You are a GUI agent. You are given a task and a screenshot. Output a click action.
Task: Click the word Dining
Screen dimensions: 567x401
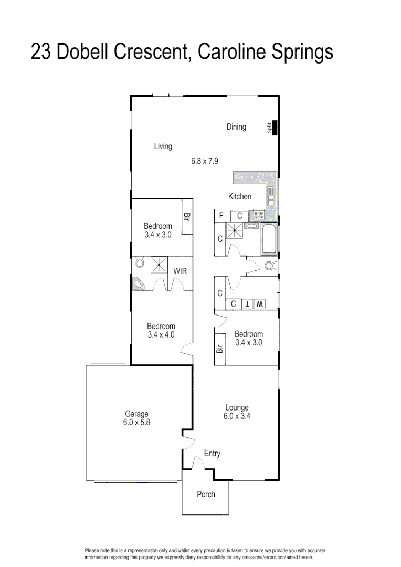(x=236, y=127)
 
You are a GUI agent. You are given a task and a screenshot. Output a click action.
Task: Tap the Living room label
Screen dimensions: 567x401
(x=163, y=146)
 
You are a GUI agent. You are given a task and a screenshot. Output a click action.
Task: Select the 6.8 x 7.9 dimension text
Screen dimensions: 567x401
(x=204, y=162)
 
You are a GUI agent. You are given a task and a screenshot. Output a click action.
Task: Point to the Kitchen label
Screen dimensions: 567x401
(x=239, y=196)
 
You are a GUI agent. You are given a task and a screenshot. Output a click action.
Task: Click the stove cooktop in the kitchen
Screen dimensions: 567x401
(x=258, y=215)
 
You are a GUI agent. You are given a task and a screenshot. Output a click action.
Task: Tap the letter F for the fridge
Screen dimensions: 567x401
(x=221, y=215)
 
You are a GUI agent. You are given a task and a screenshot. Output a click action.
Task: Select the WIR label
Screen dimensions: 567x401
(x=180, y=271)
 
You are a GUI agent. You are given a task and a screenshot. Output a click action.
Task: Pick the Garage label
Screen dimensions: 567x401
(x=136, y=414)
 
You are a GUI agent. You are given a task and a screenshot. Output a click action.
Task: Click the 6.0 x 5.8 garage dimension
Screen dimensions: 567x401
(x=136, y=422)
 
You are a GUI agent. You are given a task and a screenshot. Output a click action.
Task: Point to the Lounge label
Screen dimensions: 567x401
(x=237, y=407)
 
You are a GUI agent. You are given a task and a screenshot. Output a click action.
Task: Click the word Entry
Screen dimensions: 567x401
(x=212, y=454)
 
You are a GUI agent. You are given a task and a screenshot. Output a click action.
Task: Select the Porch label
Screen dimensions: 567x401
(x=206, y=494)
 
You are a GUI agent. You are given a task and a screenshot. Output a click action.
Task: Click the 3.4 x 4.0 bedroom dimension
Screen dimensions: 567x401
(x=161, y=334)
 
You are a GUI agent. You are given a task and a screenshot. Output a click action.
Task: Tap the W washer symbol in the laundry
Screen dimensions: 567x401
(x=259, y=304)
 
